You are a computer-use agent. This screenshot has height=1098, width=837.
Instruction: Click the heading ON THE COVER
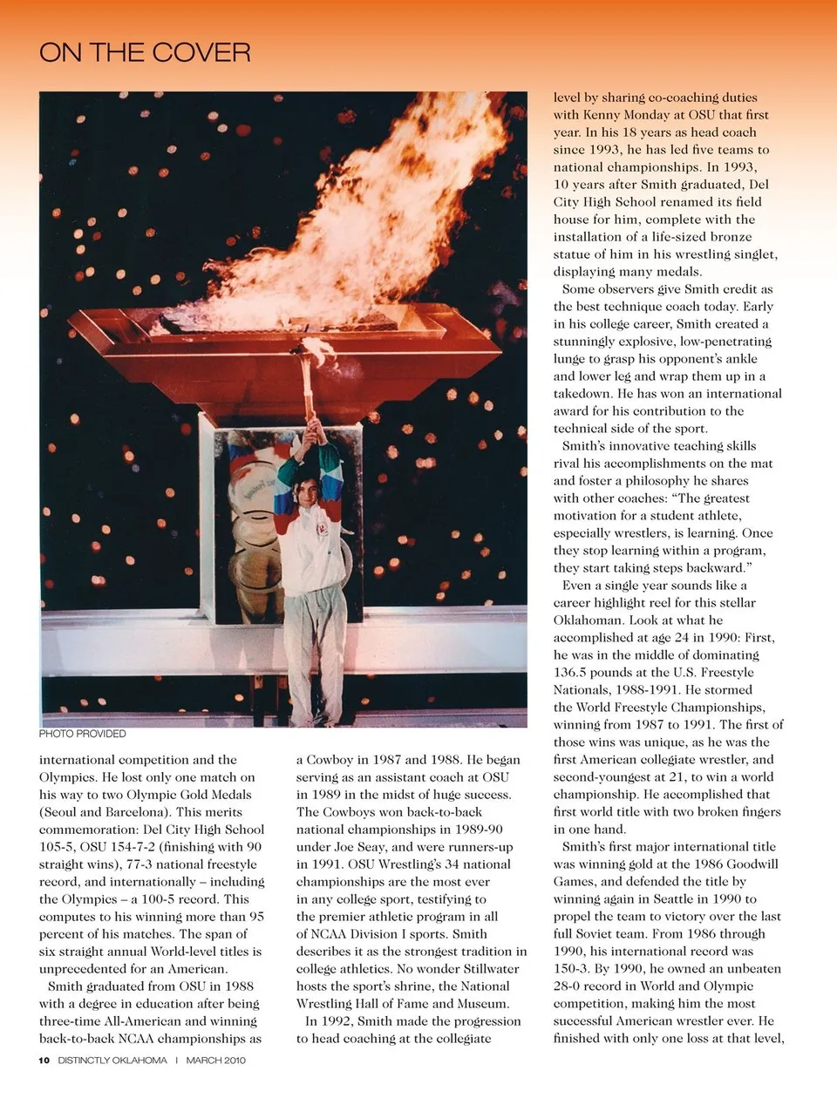pos(145,52)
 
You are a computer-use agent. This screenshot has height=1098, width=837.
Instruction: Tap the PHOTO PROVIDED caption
pos(82,734)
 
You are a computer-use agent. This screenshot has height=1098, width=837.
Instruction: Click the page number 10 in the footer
pos(44,1061)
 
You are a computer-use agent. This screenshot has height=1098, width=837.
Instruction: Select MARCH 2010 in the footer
pos(215,1061)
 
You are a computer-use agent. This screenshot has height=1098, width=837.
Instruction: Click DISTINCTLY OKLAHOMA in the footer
pos(112,1061)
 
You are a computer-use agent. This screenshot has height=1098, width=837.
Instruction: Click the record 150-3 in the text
pos(575,969)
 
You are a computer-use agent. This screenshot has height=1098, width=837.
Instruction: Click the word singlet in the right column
pos(751,254)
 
